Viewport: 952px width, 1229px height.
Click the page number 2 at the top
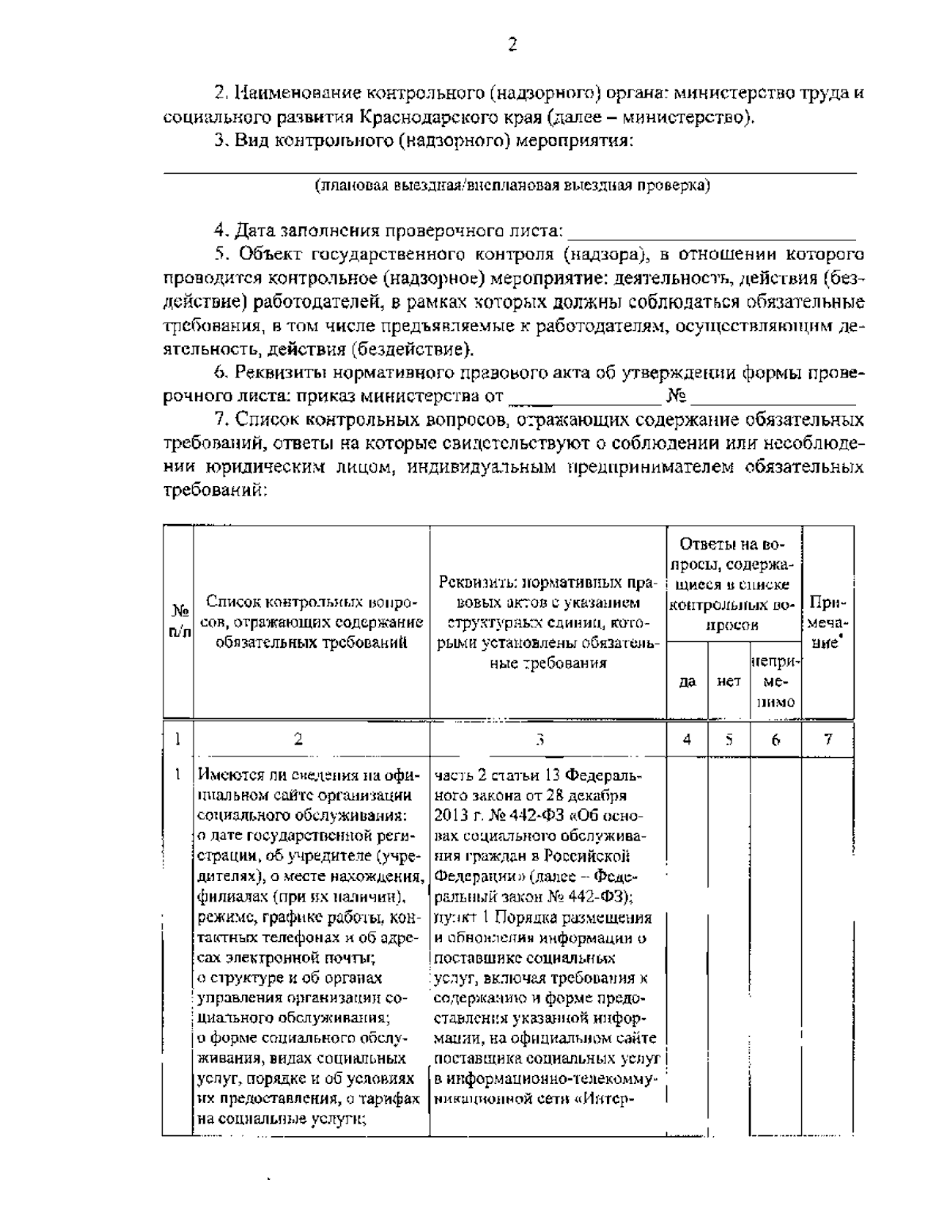point(512,44)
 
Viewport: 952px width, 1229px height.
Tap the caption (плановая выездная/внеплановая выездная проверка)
point(512,187)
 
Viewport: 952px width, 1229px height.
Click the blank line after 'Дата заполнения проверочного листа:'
point(712,232)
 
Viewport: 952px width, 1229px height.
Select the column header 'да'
point(688,681)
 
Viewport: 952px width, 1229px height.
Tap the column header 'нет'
point(728,681)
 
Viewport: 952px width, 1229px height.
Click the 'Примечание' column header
point(827,622)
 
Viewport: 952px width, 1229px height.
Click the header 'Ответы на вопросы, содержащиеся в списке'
point(734,584)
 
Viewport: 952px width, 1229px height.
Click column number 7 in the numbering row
point(827,739)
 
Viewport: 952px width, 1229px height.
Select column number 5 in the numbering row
point(728,739)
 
